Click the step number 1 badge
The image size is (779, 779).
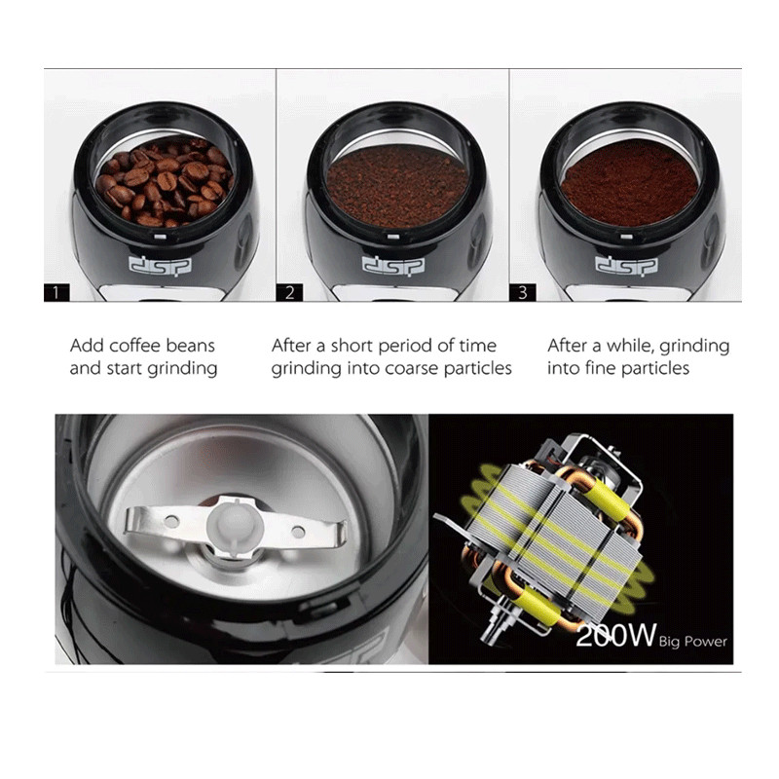pos(56,292)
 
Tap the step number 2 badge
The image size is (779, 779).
pos(289,292)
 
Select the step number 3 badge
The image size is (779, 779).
pos(523,292)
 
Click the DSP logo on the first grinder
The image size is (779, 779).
pos(160,265)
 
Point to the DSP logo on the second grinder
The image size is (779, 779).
pos(393,265)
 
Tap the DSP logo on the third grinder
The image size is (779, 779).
pos(626,265)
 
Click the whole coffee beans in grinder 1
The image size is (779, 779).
pos(165,182)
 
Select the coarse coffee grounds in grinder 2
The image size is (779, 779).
pos(397,185)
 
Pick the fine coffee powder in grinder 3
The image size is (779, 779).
pos(630,183)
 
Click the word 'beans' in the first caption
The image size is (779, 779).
pos(190,346)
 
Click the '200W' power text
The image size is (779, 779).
pos(616,636)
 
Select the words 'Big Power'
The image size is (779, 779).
pos(693,642)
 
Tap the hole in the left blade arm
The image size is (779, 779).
pos(171,522)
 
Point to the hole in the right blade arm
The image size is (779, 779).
pos(298,533)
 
